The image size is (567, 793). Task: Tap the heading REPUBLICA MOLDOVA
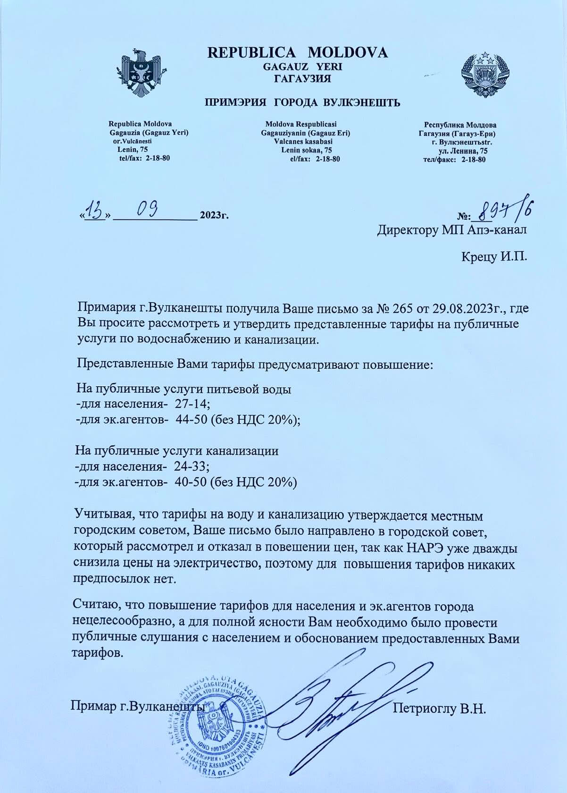click(298, 52)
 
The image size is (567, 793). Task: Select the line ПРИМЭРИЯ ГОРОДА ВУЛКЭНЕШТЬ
click(302, 102)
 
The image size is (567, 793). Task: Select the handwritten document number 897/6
click(505, 211)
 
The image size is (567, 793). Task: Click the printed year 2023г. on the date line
click(214, 216)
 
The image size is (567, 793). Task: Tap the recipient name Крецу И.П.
click(494, 257)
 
